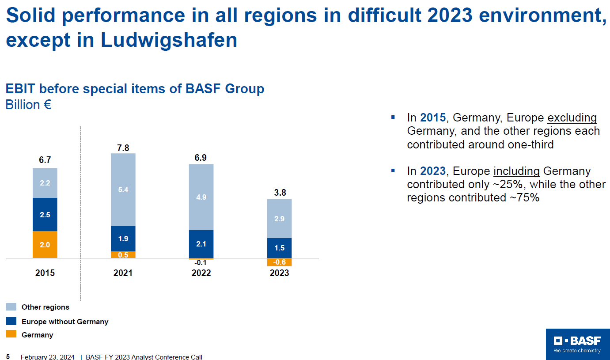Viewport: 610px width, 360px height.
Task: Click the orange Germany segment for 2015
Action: pyautogui.click(x=45, y=244)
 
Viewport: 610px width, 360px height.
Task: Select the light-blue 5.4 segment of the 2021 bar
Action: pyautogui.click(x=123, y=189)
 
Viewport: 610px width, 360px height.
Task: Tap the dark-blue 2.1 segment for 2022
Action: pyautogui.click(x=201, y=244)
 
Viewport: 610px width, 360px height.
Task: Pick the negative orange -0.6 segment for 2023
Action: pyautogui.click(x=279, y=262)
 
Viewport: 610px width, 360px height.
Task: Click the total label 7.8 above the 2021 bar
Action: pyautogui.click(x=123, y=148)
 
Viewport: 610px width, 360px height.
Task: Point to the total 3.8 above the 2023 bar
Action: pyautogui.click(x=279, y=193)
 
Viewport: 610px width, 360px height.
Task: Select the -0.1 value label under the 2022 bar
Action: pyautogui.click(x=201, y=262)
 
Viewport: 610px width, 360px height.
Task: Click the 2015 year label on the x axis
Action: pyautogui.click(x=45, y=273)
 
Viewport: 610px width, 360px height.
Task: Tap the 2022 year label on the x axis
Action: pyautogui.click(x=201, y=273)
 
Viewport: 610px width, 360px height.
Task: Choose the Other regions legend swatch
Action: pyautogui.click(x=11, y=307)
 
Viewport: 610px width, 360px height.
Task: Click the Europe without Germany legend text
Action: pyautogui.click(x=65, y=322)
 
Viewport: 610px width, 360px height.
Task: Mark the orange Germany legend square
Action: pyautogui.click(x=11, y=334)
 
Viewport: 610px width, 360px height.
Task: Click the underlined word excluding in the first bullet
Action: pyautogui.click(x=572, y=118)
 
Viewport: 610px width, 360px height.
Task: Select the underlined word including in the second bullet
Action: pyautogui.click(x=516, y=171)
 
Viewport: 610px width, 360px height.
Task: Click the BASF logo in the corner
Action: pyautogui.click(x=577, y=344)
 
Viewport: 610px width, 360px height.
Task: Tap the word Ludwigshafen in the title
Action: pyautogui.click(x=169, y=40)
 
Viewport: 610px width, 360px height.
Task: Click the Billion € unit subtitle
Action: pyautogui.click(x=28, y=105)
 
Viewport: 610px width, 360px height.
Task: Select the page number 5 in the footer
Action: pyautogui.click(x=8, y=356)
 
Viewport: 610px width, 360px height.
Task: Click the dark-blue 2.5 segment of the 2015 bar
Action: pyautogui.click(x=45, y=215)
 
